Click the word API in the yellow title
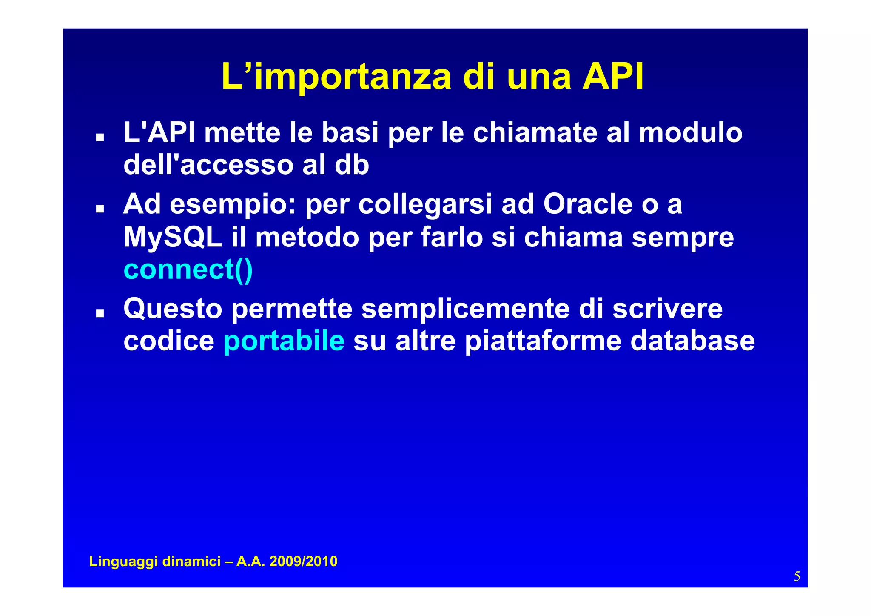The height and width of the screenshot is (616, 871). (613, 77)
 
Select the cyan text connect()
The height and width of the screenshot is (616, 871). (188, 269)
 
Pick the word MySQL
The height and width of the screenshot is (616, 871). (173, 237)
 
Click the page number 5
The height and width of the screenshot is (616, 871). (797, 576)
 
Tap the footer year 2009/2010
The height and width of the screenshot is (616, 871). (303, 562)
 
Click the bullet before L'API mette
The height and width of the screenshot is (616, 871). (100, 138)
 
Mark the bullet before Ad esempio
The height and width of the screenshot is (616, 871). (100, 209)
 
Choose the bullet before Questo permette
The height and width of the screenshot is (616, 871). (100, 313)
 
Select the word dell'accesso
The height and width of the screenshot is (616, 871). (208, 165)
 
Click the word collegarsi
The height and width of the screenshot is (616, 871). (425, 205)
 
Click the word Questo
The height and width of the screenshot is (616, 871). (173, 309)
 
